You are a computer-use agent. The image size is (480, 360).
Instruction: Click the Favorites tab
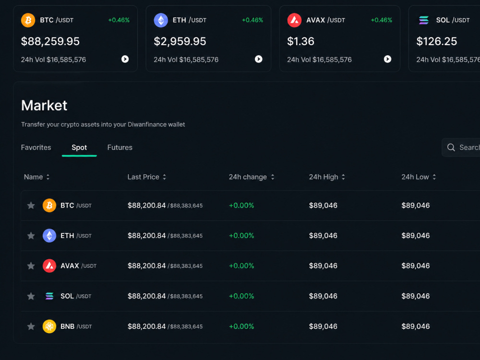coord(36,147)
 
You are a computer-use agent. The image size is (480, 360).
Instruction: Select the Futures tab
coord(120,147)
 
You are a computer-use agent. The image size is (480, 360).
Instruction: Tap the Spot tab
coord(79,147)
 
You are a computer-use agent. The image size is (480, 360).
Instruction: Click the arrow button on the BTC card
coord(125,59)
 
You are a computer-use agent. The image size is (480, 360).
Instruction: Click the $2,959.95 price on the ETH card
coord(180,41)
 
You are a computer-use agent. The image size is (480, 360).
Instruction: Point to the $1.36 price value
coord(300,41)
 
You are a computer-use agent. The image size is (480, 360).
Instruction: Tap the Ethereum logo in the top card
coord(161,20)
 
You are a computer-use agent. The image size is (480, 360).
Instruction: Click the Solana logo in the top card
coord(424,20)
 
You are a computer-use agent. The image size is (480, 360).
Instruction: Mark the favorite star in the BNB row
coord(31,326)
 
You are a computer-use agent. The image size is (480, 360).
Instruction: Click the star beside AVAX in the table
coord(31,266)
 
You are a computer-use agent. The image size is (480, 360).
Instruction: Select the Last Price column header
coord(143,177)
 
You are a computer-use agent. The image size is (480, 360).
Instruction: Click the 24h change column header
coord(248,177)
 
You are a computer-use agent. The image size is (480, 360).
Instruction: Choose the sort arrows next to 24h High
coord(343,177)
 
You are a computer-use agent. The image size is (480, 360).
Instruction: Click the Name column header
coord(34,177)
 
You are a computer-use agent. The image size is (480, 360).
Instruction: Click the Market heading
coord(44,106)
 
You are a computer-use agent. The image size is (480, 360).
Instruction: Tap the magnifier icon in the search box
coord(451,147)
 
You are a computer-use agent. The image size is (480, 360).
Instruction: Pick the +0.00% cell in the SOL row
coord(241,296)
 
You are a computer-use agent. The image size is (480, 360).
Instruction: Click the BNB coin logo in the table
coord(49,326)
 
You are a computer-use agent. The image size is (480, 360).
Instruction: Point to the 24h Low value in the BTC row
coord(415,205)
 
